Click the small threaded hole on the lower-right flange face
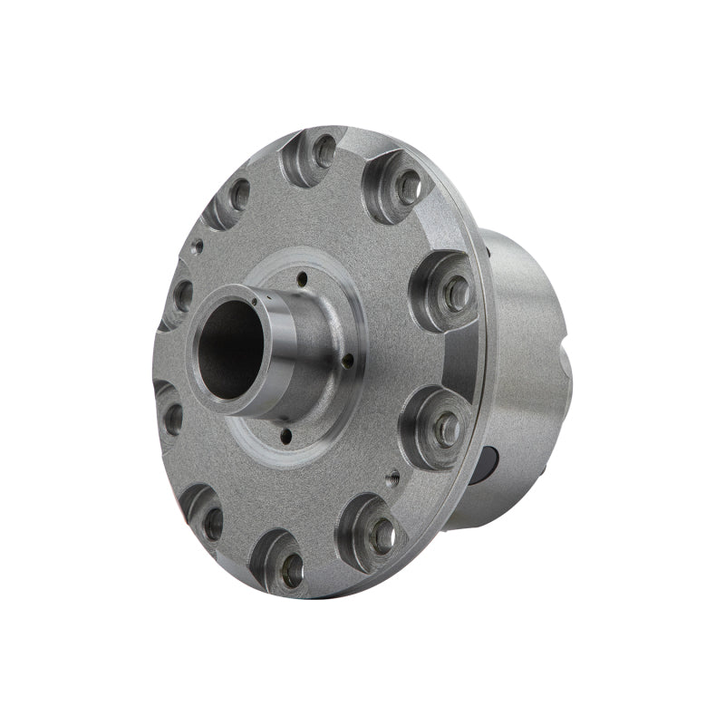pos(392,473)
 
